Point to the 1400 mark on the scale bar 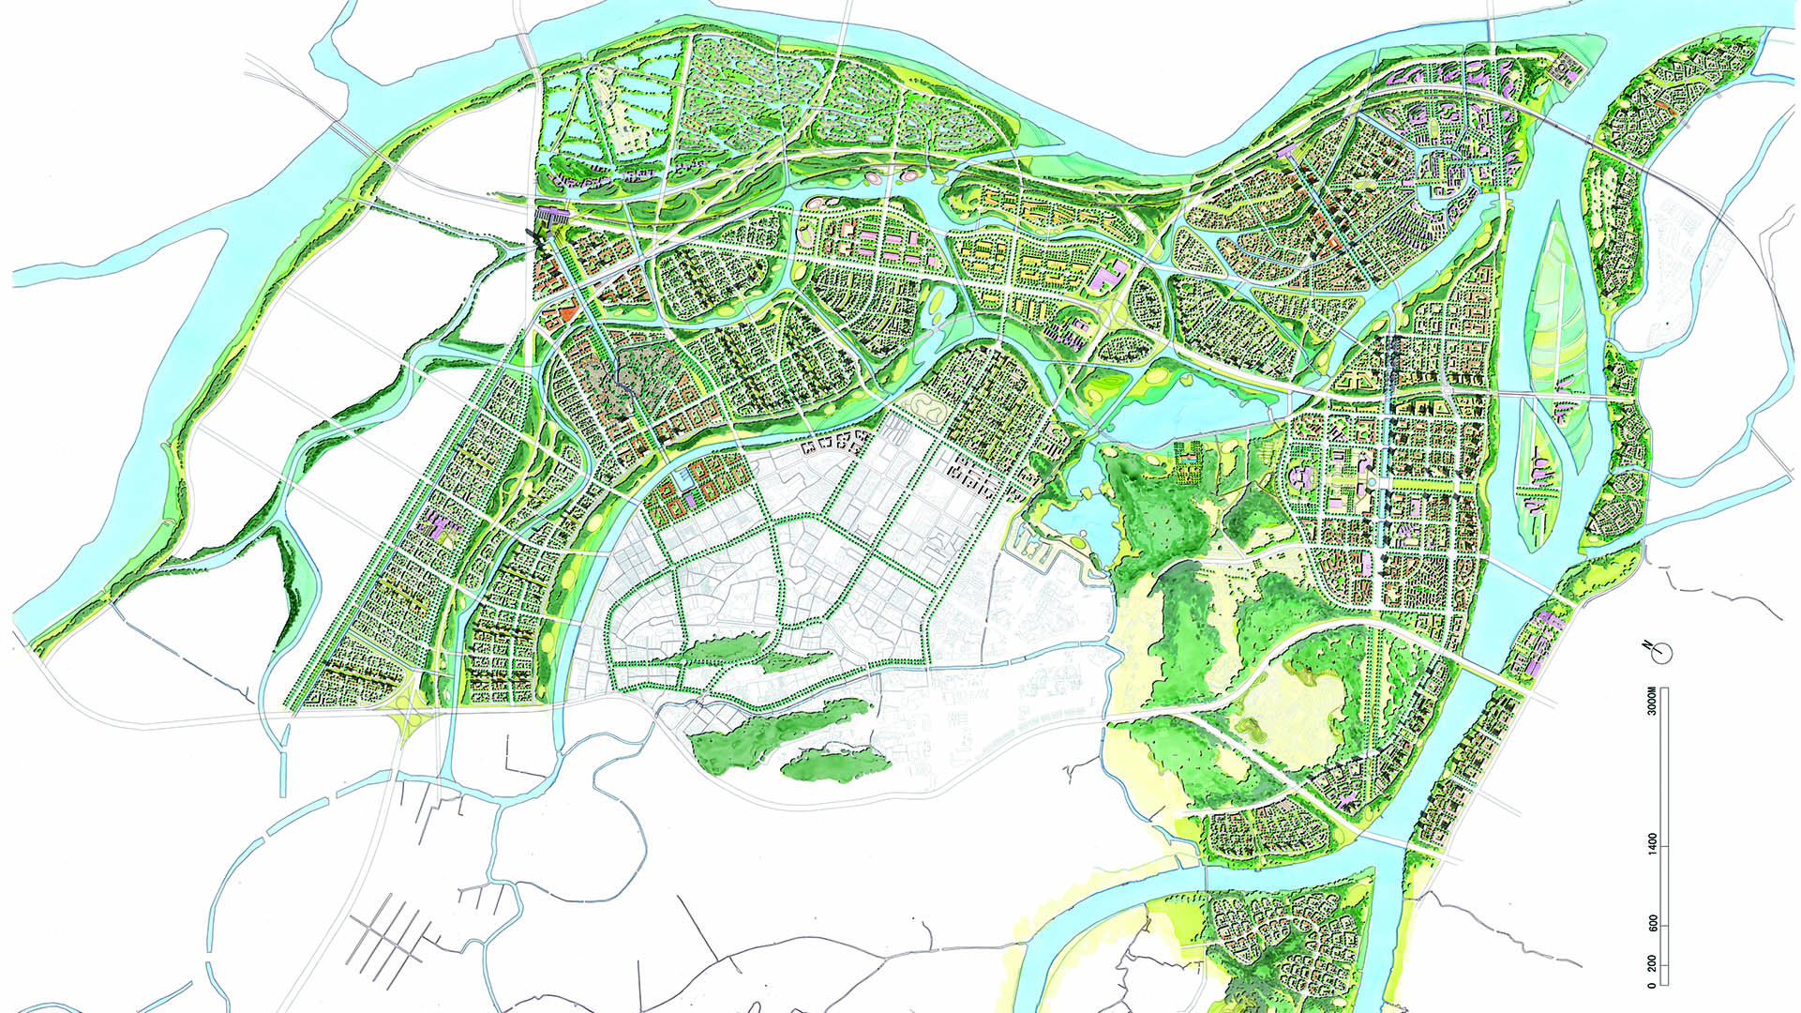click(x=1653, y=841)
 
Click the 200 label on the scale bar click(x=1653, y=964)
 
